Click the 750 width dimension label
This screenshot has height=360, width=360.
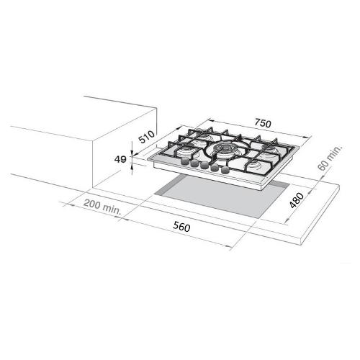pos(263,123)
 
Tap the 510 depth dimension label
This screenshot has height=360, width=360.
pos(147,137)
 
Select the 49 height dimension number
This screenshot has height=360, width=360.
pos(120,159)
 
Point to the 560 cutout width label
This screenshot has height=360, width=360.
pos(181,227)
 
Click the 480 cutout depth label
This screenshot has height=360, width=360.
pos(297,200)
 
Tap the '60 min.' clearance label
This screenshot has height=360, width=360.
pos(330,158)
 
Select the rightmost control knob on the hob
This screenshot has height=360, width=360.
pos(225,171)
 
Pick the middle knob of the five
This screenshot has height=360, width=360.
pos(204,165)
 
